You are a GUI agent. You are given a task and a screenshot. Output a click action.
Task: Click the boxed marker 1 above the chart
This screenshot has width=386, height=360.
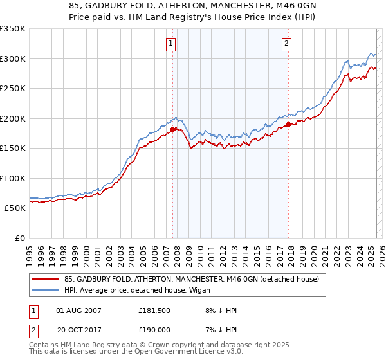point(172,44)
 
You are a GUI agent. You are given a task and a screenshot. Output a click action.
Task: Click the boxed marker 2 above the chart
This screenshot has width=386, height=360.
point(286,44)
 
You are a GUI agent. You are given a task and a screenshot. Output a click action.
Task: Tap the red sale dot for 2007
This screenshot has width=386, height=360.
point(172,129)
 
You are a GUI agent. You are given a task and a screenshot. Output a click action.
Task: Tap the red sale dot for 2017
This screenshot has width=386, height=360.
point(289,124)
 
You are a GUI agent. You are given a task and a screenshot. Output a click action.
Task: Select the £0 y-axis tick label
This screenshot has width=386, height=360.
point(20,238)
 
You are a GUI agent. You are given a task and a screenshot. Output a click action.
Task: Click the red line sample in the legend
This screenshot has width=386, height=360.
point(46,279)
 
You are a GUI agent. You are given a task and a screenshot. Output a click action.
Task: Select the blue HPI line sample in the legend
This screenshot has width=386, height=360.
point(46,291)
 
